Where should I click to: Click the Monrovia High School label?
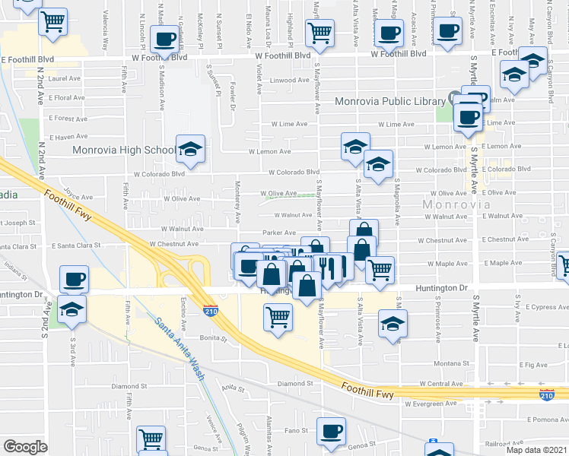[x=123, y=150]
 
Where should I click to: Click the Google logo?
[x=25, y=447]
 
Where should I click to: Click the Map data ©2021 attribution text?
[x=536, y=450]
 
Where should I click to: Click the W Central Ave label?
[x=436, y=385]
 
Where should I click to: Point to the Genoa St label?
[x=361, y=447]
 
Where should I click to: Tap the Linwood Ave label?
[x=288, y=80]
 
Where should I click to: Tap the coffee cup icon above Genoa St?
[x=331, y=431]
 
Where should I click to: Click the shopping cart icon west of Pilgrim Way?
[x=151, y=439]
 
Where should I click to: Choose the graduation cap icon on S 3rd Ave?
[x=72, y=308]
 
